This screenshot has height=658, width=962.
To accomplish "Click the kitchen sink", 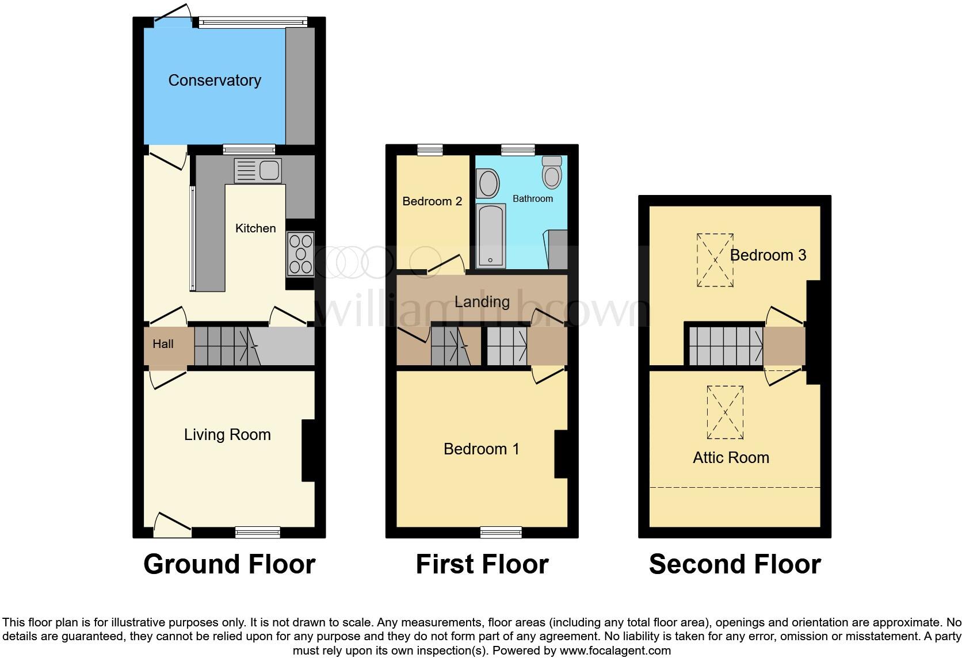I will pyautogui.click(x=258, y=170).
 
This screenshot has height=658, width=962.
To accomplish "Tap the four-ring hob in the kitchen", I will pyautogui.click(x=300, y=254).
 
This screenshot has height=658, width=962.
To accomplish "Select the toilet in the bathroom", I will pyautogui.click(x=552, y=172).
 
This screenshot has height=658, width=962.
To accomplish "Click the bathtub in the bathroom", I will pyautogui.click(x=491, y=236).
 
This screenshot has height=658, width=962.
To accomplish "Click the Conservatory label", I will pyautogui.click(x=215, y=80).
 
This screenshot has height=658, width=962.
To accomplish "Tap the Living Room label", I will pyautogui.click(x=227, y=435).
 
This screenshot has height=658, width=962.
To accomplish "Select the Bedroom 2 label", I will pyautogui.click(x=432, y=201).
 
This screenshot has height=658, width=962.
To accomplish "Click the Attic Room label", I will pyautogui.click(x=731, y=458).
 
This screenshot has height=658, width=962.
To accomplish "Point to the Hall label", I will pyautogui.click(x=163, y=344).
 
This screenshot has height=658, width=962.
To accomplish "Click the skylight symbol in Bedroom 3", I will pyautogui.click(x=715, y=260).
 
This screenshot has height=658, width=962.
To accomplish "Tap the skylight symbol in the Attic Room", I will pyautogui.click(x=725, y=412).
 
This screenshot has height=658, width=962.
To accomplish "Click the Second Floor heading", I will pyautogui.click(x=735, y=564).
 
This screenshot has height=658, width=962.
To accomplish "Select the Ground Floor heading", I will pyautogui.click(x=229, y=564).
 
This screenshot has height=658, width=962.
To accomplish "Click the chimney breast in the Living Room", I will pyautogui.click(x=308, y=450).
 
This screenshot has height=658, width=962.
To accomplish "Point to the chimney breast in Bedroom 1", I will pyautogui.click(x=561, y=454).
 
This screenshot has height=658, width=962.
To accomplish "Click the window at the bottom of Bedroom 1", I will pyautogui.click(x=501, y=532).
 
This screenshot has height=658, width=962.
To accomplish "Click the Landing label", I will pyautogui.click(x=482, y=302).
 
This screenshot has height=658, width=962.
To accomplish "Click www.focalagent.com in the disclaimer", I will pyautogui.click(x=615, y=651).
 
